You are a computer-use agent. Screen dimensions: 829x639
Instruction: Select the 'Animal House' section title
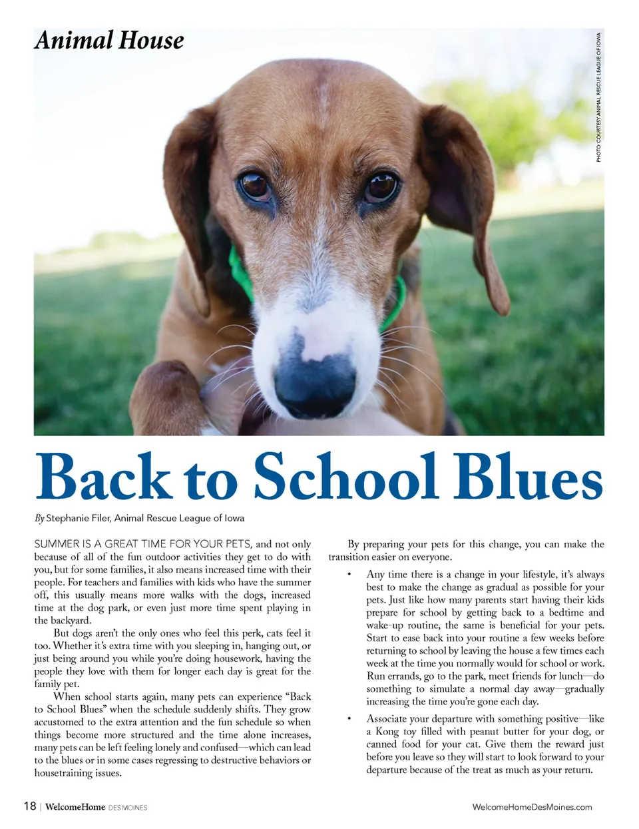click(109, 41)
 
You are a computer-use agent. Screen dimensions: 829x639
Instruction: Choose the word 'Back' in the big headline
click(104, 477)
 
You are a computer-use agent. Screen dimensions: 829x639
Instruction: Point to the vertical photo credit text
click(598, 97)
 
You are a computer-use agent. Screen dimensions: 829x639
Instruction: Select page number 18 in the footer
click(30, 806)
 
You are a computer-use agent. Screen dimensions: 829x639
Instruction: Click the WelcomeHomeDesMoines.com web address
click(532, 807)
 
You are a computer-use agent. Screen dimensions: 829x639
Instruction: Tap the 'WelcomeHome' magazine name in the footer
click(75, 807)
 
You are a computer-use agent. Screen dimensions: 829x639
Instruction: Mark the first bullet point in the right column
click(349, 574)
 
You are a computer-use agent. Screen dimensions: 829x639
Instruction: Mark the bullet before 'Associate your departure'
click(349, 718)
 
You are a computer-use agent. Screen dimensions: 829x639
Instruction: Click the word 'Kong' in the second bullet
click(387, 731)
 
